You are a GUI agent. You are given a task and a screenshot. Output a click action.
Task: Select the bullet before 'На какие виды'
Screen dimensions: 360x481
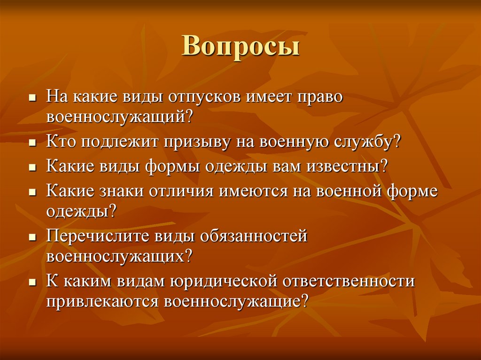click(33, 98)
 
